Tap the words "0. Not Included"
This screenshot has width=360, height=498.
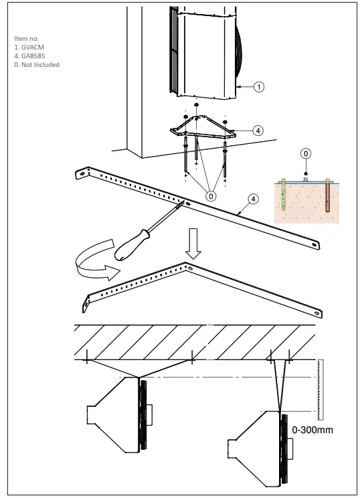pyautogui.click(x=37, y=65)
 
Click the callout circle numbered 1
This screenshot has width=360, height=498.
pyautogui.click(x=258, y=86)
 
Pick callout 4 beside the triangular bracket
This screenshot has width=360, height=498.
pyautogui.click(x=258, y=130)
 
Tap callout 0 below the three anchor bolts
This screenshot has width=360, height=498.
pyautogui.click(x=211, y=195)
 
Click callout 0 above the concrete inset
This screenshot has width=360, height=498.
pyautogui.click(x=305, y=154)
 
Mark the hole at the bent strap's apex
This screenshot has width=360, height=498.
pyautogui.click(x=191, y=268)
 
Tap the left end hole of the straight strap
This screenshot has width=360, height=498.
pyautogui.click(x=82, y=173)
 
